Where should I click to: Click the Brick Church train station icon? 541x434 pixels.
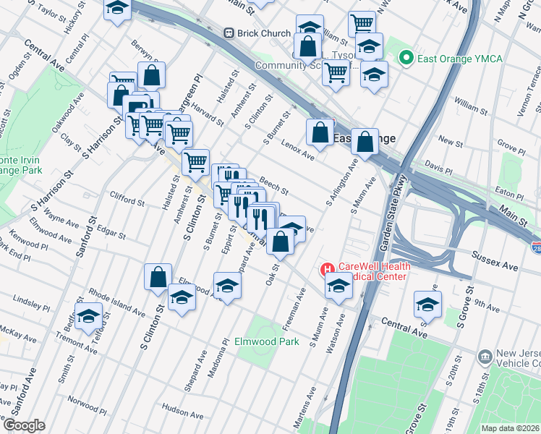pyautogui.click(x=229, y=33)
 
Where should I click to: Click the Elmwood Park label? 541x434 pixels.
pyautogui.click(x=266, y=341)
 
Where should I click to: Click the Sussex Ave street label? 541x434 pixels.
pyautogui.click(x=495, y=262)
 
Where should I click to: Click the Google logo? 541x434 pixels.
pyautogui.click(x=24, y=425)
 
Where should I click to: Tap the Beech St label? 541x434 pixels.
pyautogui.click(x=274, y=187)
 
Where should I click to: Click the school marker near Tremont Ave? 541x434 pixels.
pyautogui.click(x=89, y=317)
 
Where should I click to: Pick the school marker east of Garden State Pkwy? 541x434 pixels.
pyautogui.click(x=428, y=305)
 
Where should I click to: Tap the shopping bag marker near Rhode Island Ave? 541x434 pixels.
pyautogui.click(x=158, y=278)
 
